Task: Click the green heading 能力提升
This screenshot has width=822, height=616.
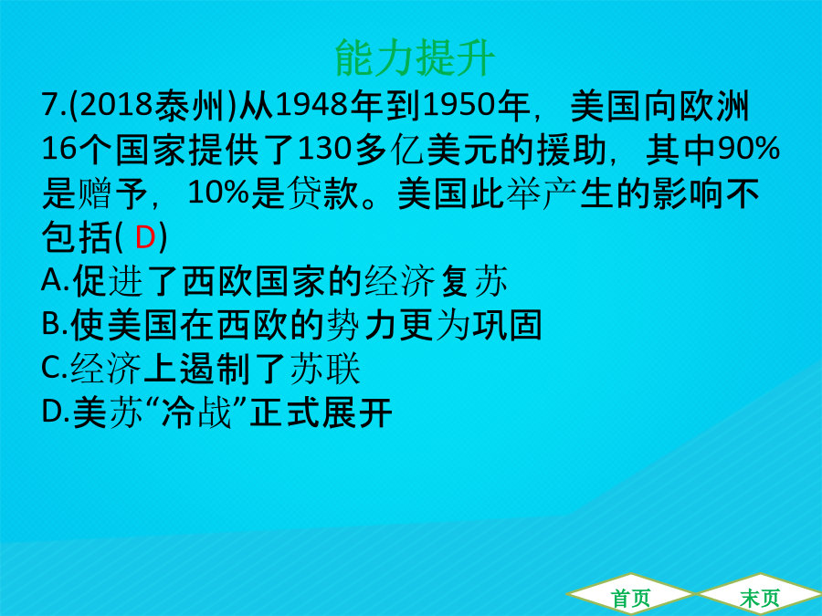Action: tap(415, 57)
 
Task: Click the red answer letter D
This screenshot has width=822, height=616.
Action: tap(145, 237)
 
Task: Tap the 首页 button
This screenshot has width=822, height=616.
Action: tap(630, 598)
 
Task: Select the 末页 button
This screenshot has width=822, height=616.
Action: tap(760, 598)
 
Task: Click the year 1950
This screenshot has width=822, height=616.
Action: tap(459, 106)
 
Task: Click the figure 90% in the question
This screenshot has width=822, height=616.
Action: tap(749, 149)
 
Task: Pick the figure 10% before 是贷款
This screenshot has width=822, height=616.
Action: tap(218, 193)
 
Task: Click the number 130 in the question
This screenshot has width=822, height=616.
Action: tap(324, 149)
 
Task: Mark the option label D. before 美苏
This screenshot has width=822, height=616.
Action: tap(56, 412)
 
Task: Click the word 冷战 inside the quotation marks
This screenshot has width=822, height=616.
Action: tap(196, 412)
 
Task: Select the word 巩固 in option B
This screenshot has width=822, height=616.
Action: tap(508, 325)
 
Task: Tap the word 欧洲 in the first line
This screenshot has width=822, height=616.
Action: tap(715, 106)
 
